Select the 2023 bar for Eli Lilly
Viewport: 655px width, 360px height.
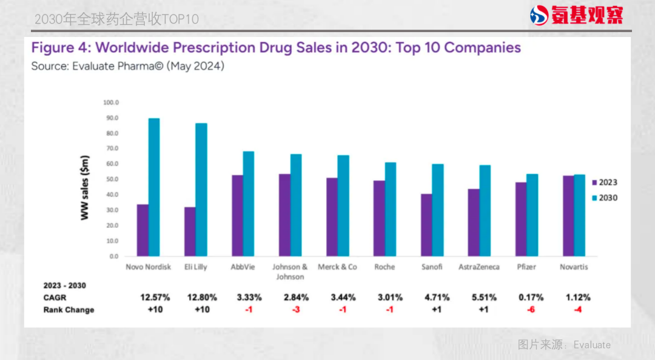pyautogui.click(x=190, y=232)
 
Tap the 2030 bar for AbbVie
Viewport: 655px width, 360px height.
pyautogui.click(x=249, y=204)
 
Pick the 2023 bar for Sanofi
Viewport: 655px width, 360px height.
pyautogui.click(x=426, y=225)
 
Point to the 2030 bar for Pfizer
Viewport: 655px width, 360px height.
pyautogui.click(x=532, y=215)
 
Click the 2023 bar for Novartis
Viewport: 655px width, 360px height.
pyautogui.click(x=568, y=216)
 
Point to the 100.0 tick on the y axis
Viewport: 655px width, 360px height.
pyautogui.click(x=112, y=102)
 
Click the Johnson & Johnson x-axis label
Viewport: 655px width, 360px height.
pyautogui.click(x=290, y=272)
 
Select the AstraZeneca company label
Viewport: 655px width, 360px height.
pyautogui.click(x=479, y=267)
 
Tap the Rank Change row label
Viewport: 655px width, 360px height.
pyautogui.click(x=69, y=310)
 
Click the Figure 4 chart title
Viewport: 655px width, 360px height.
pyautogui.click(x=276, y=47)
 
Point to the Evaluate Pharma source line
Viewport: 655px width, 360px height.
pyautogui.click(x=127, y=66)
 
